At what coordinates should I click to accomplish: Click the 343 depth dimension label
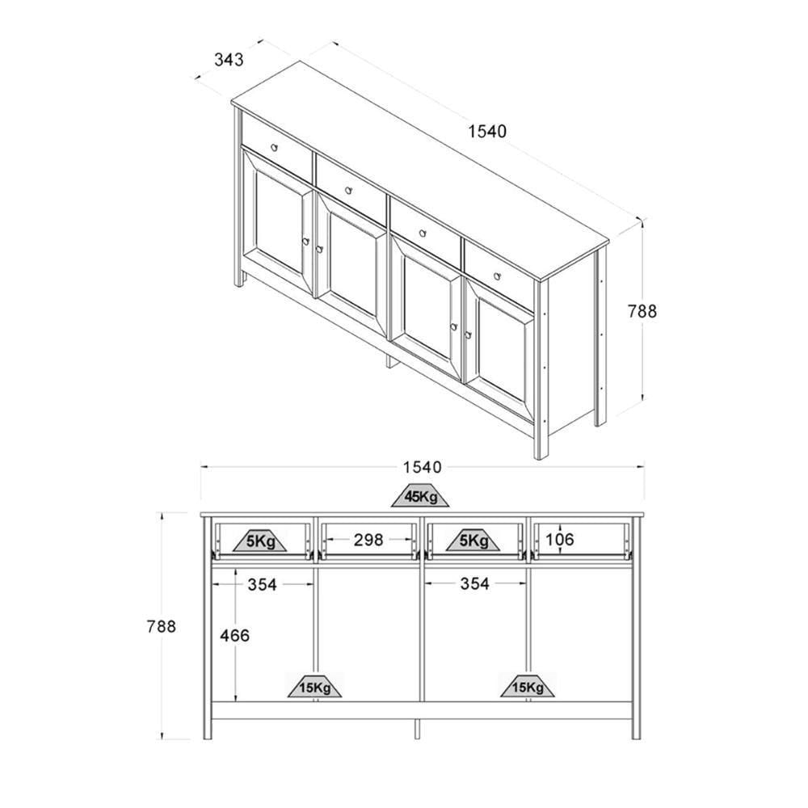tap(229, 60)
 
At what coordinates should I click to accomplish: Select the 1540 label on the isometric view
tap(487, 132)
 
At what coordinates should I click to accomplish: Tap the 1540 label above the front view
tap(422, 467)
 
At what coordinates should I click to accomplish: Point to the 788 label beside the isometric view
tap(642, 311)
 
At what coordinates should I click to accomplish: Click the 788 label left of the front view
tap(162, 626)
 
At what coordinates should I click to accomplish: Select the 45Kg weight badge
tap(420, 496)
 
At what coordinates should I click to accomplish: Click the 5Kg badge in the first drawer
tap(261, 541)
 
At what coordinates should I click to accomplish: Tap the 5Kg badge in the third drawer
tap(473, 541)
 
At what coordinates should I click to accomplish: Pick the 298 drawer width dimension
tap(368, 540)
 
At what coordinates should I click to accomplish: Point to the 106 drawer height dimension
tap(559, 539)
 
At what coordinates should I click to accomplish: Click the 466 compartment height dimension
tap(234, 635)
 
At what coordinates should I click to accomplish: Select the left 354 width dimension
tap(263, 584)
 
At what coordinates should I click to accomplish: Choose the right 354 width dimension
tap(474, 583)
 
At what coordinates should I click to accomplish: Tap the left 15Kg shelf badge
tap(314, 686)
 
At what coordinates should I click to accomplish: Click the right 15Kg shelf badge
tap(528, 686)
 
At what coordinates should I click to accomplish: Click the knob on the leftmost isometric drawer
tap(274, 147)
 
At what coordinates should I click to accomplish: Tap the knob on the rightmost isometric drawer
tap(496, 276)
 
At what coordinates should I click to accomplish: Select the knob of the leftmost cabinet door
tap(305, 241)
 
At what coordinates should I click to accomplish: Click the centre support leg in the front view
tap(417, 729)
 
